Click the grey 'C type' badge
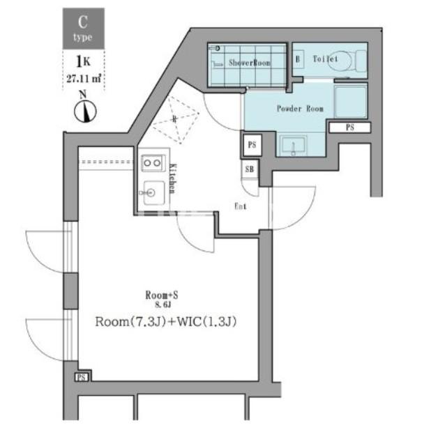click(x=84, y=27)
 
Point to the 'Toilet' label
click(x=324, y=59)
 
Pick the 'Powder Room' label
click(x=300, y=109)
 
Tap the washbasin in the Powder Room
click(x=294, y=146)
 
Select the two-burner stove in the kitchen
click(x=151, y=162)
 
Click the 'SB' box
click(x=250, y=169)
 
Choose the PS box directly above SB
click(x=251, y=145)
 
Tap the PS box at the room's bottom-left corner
click(x=81, y=377)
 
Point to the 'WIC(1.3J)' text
click(x=206, y=322)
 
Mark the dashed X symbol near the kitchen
click(x=174, y=119)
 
